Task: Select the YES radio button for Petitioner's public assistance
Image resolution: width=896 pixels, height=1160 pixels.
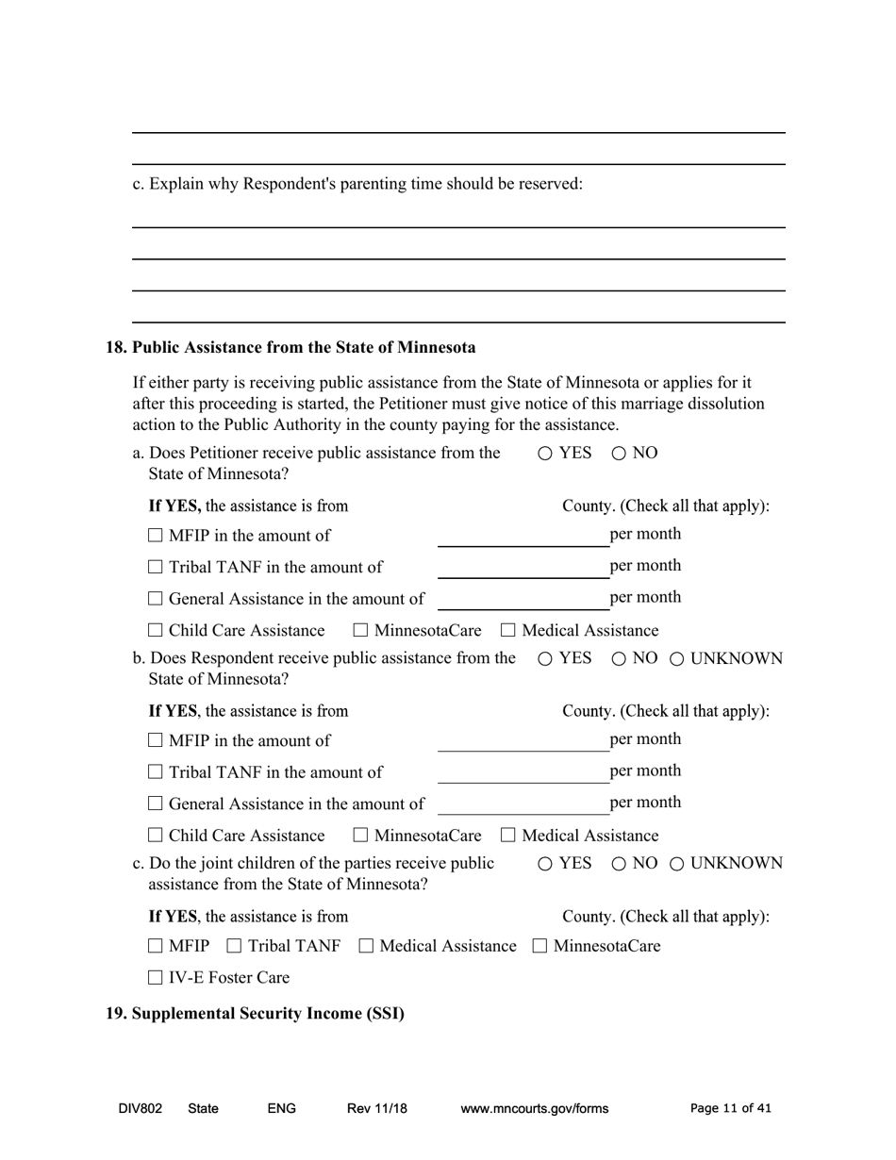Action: pyautogui.click(x=545, y=454)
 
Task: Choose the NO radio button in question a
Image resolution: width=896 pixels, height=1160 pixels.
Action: pyautogui.click(x=619, y=454)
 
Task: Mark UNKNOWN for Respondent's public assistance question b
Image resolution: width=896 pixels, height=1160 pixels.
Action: pyautogui.click(x=677, y=659)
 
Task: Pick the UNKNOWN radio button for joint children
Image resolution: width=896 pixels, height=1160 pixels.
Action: pyautogui.click(x=677, y=864)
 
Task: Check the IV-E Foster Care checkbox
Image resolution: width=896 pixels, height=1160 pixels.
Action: pyautogui.click(x=157, y=978)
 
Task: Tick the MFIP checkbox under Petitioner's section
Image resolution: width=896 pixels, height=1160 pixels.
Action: pyautogui.click(x=157, y=537)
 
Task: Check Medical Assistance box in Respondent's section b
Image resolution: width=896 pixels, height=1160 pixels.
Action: pyautogui.click(x=509, y=836)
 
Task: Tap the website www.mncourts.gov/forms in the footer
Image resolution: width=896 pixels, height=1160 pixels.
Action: pyautogui.click(x=534, y=1109)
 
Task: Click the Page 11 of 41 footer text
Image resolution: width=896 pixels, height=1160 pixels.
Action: pyautogui.click(x=730, y=1109)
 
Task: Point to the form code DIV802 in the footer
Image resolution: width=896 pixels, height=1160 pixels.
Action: pyautogui.click(x=141, y=1109)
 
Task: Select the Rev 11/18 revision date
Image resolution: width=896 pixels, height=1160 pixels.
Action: pyautogui.click(x=376, y=1109)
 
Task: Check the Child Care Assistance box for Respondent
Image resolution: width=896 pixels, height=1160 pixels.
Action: pyautogui.click(x=157, y=836)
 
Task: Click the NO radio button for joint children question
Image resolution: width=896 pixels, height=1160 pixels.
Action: pyautogui.click(x=619, y=864)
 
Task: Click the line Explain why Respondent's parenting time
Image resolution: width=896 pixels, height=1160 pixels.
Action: pyautogui.click(x=358, y=184)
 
